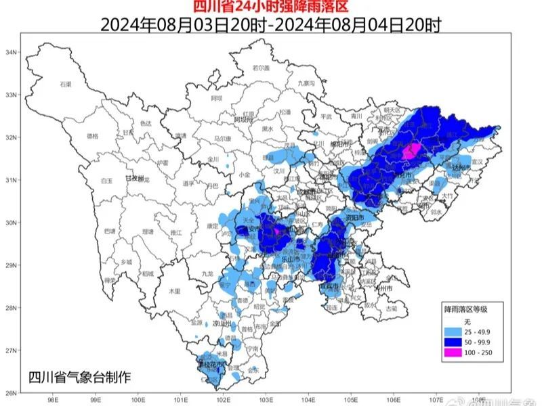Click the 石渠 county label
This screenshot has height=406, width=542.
65,84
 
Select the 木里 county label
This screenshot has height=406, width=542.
174,290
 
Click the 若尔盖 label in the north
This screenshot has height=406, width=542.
261,68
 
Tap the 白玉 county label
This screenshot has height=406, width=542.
106,181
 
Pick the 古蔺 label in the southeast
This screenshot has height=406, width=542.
392,308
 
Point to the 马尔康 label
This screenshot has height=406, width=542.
223,138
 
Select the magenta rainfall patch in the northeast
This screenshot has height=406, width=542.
411,152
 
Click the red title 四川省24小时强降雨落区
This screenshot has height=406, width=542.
270,7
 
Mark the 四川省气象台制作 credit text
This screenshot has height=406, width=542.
80,376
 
